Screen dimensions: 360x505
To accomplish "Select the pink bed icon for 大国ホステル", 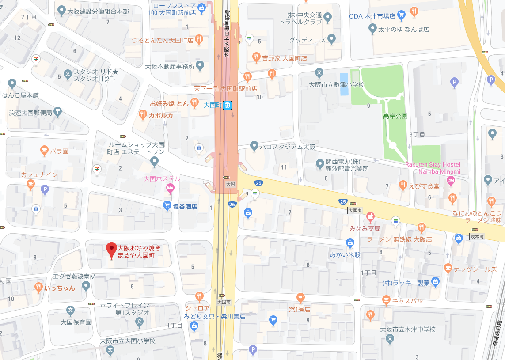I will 169,189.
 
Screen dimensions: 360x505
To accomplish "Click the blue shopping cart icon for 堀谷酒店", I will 167,205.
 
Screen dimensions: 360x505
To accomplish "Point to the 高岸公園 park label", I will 395,116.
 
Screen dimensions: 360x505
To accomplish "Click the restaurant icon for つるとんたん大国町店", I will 199,39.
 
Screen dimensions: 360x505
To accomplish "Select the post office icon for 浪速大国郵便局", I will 58,111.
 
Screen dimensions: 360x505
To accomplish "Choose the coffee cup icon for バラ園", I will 44,151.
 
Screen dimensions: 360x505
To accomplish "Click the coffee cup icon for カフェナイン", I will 30,184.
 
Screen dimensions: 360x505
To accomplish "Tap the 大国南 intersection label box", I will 224,302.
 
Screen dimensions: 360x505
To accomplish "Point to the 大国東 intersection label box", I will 355,211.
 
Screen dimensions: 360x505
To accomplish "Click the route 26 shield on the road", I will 232,204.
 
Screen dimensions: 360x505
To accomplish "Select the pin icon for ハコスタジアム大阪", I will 254,145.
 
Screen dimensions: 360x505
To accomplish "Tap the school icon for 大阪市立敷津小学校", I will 319,73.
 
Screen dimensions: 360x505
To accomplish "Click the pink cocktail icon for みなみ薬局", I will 370,217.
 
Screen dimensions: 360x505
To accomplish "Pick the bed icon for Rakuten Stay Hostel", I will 450,180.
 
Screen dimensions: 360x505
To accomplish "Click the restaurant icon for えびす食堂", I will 402,185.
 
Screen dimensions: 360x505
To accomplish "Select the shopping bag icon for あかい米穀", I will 350,243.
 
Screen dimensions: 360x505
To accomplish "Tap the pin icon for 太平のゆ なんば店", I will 372,29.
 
